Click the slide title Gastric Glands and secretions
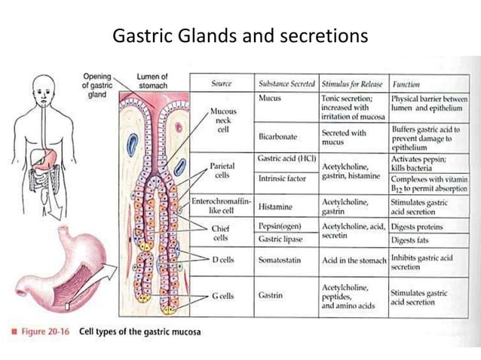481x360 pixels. pyautogui.click(x=240, y=35)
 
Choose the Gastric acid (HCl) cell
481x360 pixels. pyautogui.click(x=285, y=160)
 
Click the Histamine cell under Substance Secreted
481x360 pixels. pyautogui.click(x=277, y=204)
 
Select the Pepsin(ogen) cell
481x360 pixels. pyautogui.click(x=282, y=226)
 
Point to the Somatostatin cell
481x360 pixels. pyautogui.click(x=282, y=259)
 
